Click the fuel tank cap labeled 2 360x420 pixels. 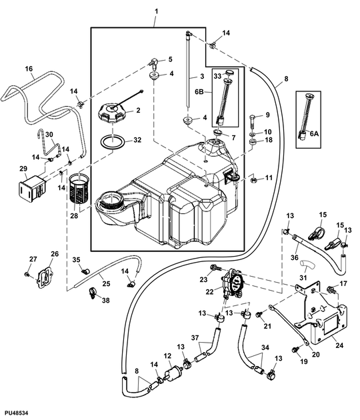tap(114, 114)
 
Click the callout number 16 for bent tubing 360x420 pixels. tap(29, 69)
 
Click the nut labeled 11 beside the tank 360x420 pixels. tap(254, 179)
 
